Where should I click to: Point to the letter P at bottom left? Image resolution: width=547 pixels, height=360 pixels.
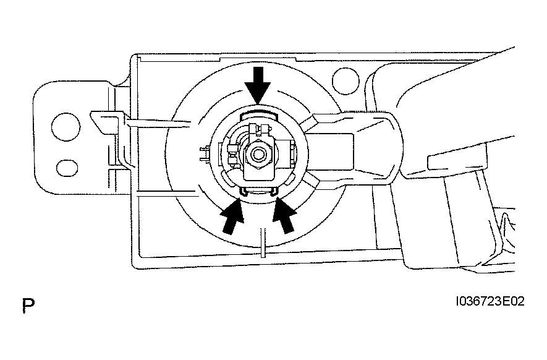[x=27, y=304]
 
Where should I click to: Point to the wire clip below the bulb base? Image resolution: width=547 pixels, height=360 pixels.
[x=258, y=191]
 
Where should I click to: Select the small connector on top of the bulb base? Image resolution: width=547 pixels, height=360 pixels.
[x=260, y=129]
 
